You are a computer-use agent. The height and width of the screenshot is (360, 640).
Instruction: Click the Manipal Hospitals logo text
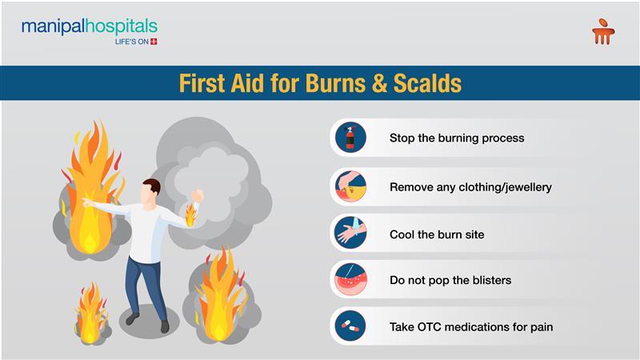tap(90, 26)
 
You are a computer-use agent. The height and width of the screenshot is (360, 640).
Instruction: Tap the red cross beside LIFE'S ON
tap(154, 42)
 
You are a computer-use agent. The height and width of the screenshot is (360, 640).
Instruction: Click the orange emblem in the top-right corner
tap(603, 31)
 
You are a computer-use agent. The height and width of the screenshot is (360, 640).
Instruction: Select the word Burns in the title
tap(335, 83)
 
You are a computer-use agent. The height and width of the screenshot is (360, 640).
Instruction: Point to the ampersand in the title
tap(379, 83)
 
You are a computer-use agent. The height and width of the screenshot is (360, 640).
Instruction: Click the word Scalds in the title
tap(428, 83)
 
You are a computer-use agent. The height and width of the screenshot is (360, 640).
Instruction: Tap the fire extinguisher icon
tap(350, 138)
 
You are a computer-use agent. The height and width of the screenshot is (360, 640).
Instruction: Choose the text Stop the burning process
tap(457, 138)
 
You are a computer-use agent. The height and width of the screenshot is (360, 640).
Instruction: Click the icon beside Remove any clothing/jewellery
tap(350, 186)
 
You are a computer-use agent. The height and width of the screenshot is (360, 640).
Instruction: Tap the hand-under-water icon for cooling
tap(350, 233)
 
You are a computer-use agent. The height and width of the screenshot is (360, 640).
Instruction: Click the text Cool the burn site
tap(437, 234)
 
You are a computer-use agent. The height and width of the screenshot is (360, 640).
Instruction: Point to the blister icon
tap(350, 279)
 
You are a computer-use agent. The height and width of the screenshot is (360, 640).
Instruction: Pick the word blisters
tap(492, 281)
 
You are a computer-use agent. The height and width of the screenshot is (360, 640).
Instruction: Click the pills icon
tap(350, 326)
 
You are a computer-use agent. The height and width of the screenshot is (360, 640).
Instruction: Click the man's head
tap(150, 192)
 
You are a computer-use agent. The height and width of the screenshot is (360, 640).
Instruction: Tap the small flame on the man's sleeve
tap(190, 215)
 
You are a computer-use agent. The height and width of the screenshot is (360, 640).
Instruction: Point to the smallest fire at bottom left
tap(90, 314)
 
